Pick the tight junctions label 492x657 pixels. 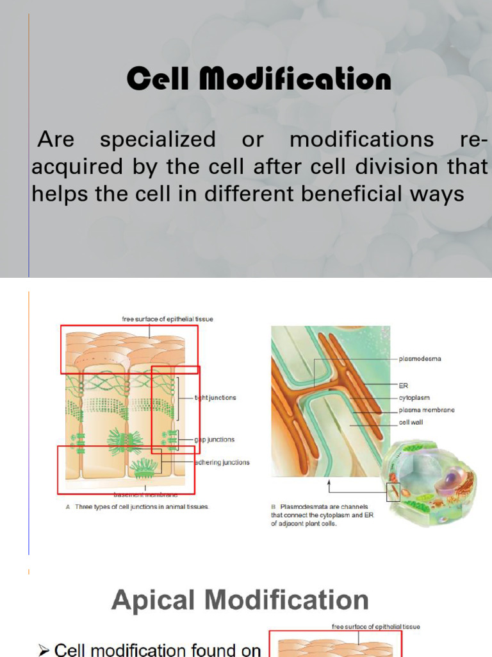pos(215,398)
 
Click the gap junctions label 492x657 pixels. pos(215,439)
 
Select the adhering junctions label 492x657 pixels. pos(222,462)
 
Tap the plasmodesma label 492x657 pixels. pos(420,359)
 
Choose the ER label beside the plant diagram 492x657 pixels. pos(404,386)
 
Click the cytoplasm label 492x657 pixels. pos(414,398)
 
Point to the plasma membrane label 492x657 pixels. pos(427,410)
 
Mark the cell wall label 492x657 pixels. pos(411,422)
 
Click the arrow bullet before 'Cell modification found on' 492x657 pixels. pos(44,651)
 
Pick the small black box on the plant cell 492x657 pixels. pos(393,492)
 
